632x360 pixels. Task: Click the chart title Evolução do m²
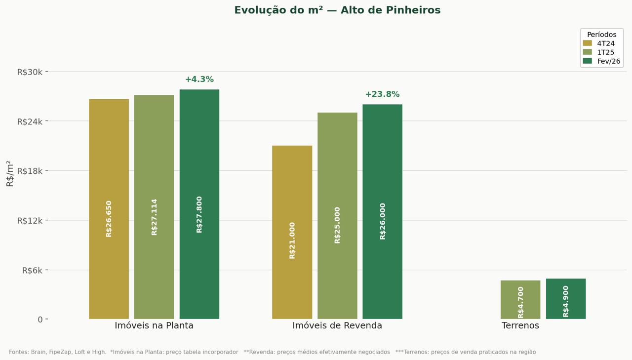(x=337, y=10)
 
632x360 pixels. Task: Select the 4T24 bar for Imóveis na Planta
(x=109, y=209)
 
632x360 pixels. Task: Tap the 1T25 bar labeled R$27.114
(x=154, y=207)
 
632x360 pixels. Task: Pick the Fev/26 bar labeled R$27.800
(x=199, y=204)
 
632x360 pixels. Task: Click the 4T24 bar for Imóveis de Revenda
(x=292, y=232)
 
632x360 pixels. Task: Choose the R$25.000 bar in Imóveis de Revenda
(x=337, y=216)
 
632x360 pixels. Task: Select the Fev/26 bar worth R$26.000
(x=382, y=211)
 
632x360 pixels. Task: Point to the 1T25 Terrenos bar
(x=520, y=300)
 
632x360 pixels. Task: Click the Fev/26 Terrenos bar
(x=566, y=299)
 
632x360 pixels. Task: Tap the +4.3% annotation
(x=199, y=80)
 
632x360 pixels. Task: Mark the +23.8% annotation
(x=382, y=94)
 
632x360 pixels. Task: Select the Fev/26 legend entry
(x=601, y=61)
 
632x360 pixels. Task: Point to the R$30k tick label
(x=30, y=72)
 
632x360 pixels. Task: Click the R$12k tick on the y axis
(x=30, y=221)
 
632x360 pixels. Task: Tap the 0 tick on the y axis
(x=40, y=320)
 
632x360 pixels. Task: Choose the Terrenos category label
(x=520, y=325)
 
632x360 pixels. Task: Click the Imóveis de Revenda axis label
(x=337, y=325)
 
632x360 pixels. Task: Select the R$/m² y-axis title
(x=9, y=174)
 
